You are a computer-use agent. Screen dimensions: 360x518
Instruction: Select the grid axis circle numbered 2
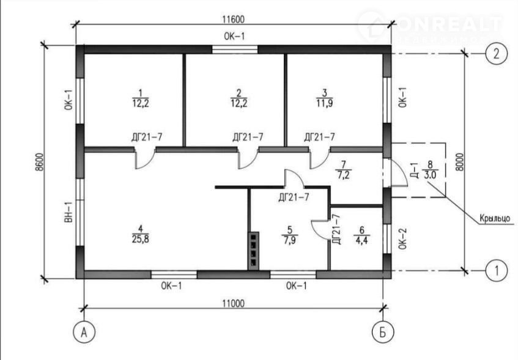(x=497, y=53)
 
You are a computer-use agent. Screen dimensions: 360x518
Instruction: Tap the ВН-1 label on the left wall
(x=69, y=212)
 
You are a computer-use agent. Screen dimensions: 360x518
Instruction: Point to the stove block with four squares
(x=254, y=250)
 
